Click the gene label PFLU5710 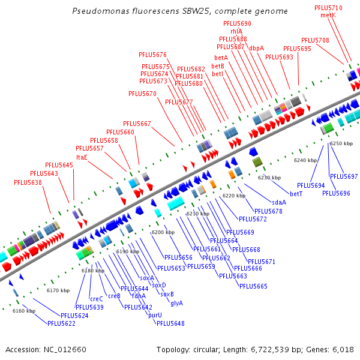[328, 8]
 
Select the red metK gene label [328, 15]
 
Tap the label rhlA [236, 31]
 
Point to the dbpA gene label [256, 48]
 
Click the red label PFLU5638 [28, 182]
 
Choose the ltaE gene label [82, 157]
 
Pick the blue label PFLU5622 [62, 323]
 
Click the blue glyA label [176, 303]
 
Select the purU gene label [155, 315]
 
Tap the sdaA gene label [279, 202]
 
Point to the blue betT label [296, 194]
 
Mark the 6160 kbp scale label [24, 311]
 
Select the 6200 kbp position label [163, 232]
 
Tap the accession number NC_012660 [64, 349]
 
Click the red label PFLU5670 [142, 94]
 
